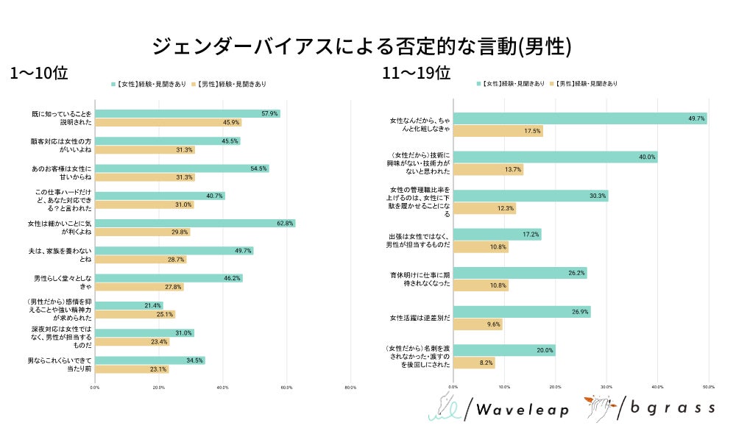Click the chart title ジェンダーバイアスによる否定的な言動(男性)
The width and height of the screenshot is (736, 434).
tap(361, 46)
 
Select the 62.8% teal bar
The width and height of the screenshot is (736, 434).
tap(195, 223)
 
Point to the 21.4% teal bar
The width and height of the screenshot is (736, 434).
tap(129, 305)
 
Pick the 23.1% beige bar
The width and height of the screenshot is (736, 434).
tap(132, 369)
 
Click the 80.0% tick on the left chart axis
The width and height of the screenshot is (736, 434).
tap(350, 387)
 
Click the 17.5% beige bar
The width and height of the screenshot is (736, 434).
tap(498, 131)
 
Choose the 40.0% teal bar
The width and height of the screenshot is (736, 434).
tap(555, 157)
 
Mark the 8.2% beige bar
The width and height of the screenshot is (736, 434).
tap(474, 363)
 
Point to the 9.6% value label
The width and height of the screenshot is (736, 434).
tap(492, 324)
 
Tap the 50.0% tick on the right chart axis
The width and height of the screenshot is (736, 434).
tap(708, 386)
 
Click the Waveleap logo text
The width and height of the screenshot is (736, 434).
tap(522, 410)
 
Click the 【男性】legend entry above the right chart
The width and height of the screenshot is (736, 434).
tap(586, 85)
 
